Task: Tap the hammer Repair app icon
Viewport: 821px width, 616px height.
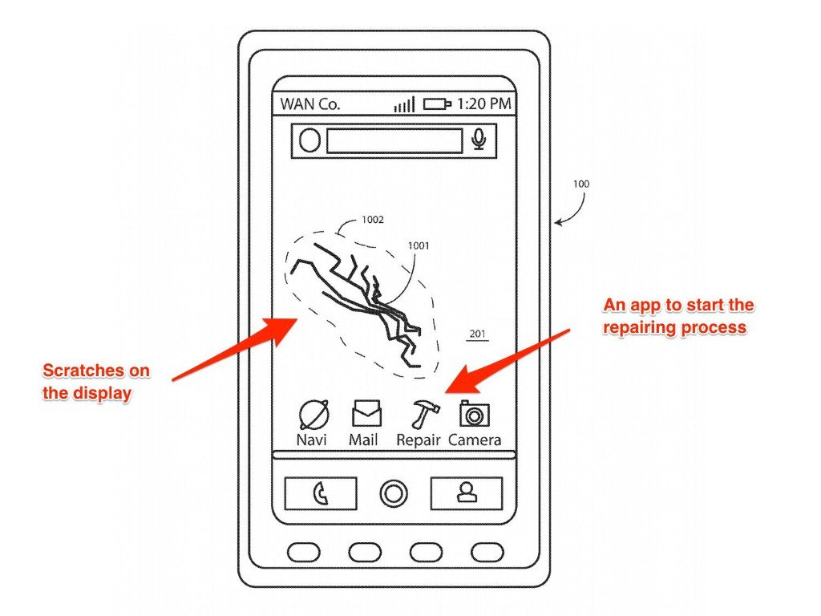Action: pyautogui.click(x=421, y=414)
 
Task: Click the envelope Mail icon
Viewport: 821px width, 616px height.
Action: pyautogui.click(x=366, y=414)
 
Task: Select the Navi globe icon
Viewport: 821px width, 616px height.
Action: pyautogui.click(x=312, y=414)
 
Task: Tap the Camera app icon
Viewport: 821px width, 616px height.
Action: pyautogui.click(x=475, y=414)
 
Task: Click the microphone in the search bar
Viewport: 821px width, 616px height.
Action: pyautogui.click(x=479, y=140)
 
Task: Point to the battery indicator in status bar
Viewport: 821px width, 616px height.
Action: pyautogui.click(x=438, y=104)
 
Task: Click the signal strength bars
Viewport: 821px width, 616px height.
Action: pyautogui.click(x=404, y=104)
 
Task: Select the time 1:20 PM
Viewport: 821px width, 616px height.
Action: pyautogui.click(x=484, y=104)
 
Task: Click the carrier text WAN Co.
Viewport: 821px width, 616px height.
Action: pyautogui.click(x=310, y=104)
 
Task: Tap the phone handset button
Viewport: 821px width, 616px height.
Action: pyautogui.click(x=321, y=493)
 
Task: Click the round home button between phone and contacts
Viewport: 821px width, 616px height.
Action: pyautogui.click(x=393, y=493)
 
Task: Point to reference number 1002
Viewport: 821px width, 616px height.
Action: pyautogui.click(x=372, y=219)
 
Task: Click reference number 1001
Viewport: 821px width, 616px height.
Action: pyautogui.click(x=418, y=245)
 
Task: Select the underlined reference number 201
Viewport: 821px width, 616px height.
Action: pyautogui.click(x=478, y=334)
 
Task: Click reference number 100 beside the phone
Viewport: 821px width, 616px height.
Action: pyautogui.click(x=580, y=184)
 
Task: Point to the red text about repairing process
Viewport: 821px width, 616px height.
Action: pyautogui.click(x=677, y=316)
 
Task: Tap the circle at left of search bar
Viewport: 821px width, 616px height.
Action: pyautogui.click(x=309, y=141)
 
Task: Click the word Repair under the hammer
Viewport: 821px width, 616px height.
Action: pyautogui.click(x=419, y=440)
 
